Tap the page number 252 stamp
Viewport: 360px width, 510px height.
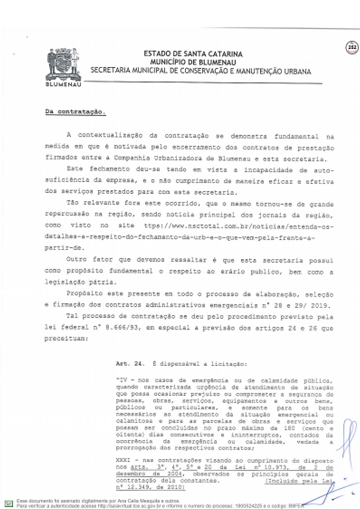352,47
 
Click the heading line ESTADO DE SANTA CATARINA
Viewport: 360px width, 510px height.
193,54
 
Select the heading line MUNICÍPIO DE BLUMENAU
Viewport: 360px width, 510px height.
193,62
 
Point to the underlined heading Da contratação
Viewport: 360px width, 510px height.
75,112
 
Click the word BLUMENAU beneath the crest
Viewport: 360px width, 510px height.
64,85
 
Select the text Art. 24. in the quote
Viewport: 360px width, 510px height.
130,364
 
